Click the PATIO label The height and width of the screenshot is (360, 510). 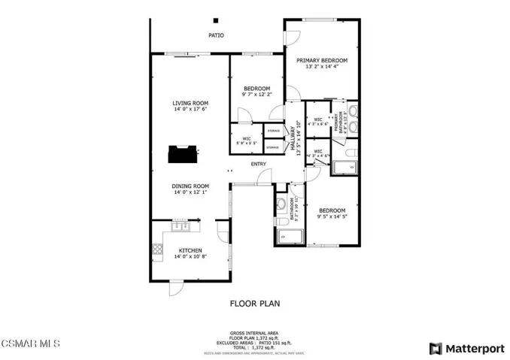217,35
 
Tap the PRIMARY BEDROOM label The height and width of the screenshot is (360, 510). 322,60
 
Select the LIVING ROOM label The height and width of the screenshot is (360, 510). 190,103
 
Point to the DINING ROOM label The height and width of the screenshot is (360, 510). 190,186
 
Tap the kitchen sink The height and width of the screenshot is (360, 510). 180,225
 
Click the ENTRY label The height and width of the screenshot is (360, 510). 258,164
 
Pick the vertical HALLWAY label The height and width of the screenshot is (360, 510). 299,138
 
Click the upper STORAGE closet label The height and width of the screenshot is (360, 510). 273,132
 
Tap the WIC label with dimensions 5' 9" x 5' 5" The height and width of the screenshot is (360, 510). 247,139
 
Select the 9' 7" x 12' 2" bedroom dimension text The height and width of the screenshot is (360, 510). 257,95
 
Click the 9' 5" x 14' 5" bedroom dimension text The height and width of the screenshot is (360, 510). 332,216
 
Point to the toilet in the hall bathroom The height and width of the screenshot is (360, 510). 281,204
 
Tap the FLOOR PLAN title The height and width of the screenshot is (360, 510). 255,304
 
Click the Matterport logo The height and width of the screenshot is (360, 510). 466,348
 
